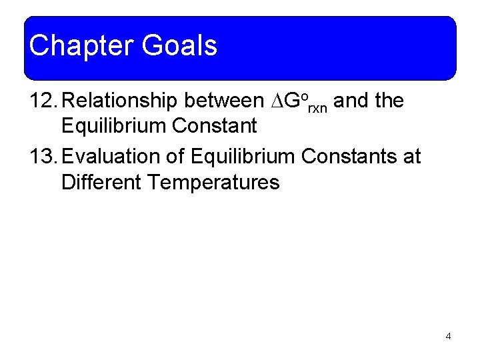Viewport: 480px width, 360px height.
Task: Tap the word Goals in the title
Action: coord(179,46)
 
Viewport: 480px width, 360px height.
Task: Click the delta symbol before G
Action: coord(276,102)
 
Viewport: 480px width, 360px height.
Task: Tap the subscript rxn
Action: coord(317,107)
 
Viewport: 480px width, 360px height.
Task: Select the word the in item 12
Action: coord(389,101)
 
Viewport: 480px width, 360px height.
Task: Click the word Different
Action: coord(99,181)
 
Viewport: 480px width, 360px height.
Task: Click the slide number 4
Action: coord(448,336)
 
